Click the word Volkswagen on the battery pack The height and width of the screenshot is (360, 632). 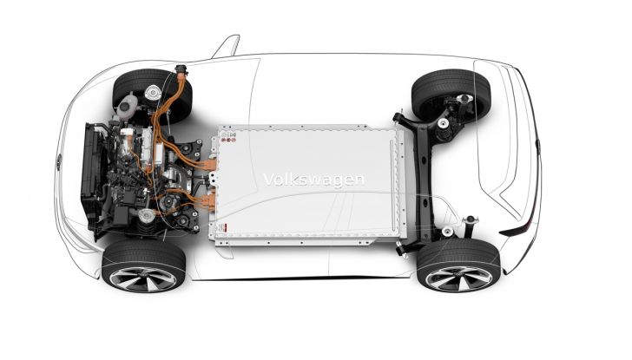(x=313, y=180)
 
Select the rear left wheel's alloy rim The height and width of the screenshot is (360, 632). (x=457, y=275)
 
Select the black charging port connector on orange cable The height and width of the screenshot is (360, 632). (x=181, y=69)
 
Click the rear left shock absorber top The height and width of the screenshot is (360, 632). (x=468, y=220)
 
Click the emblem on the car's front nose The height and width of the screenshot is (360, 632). (x=59, y=160)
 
